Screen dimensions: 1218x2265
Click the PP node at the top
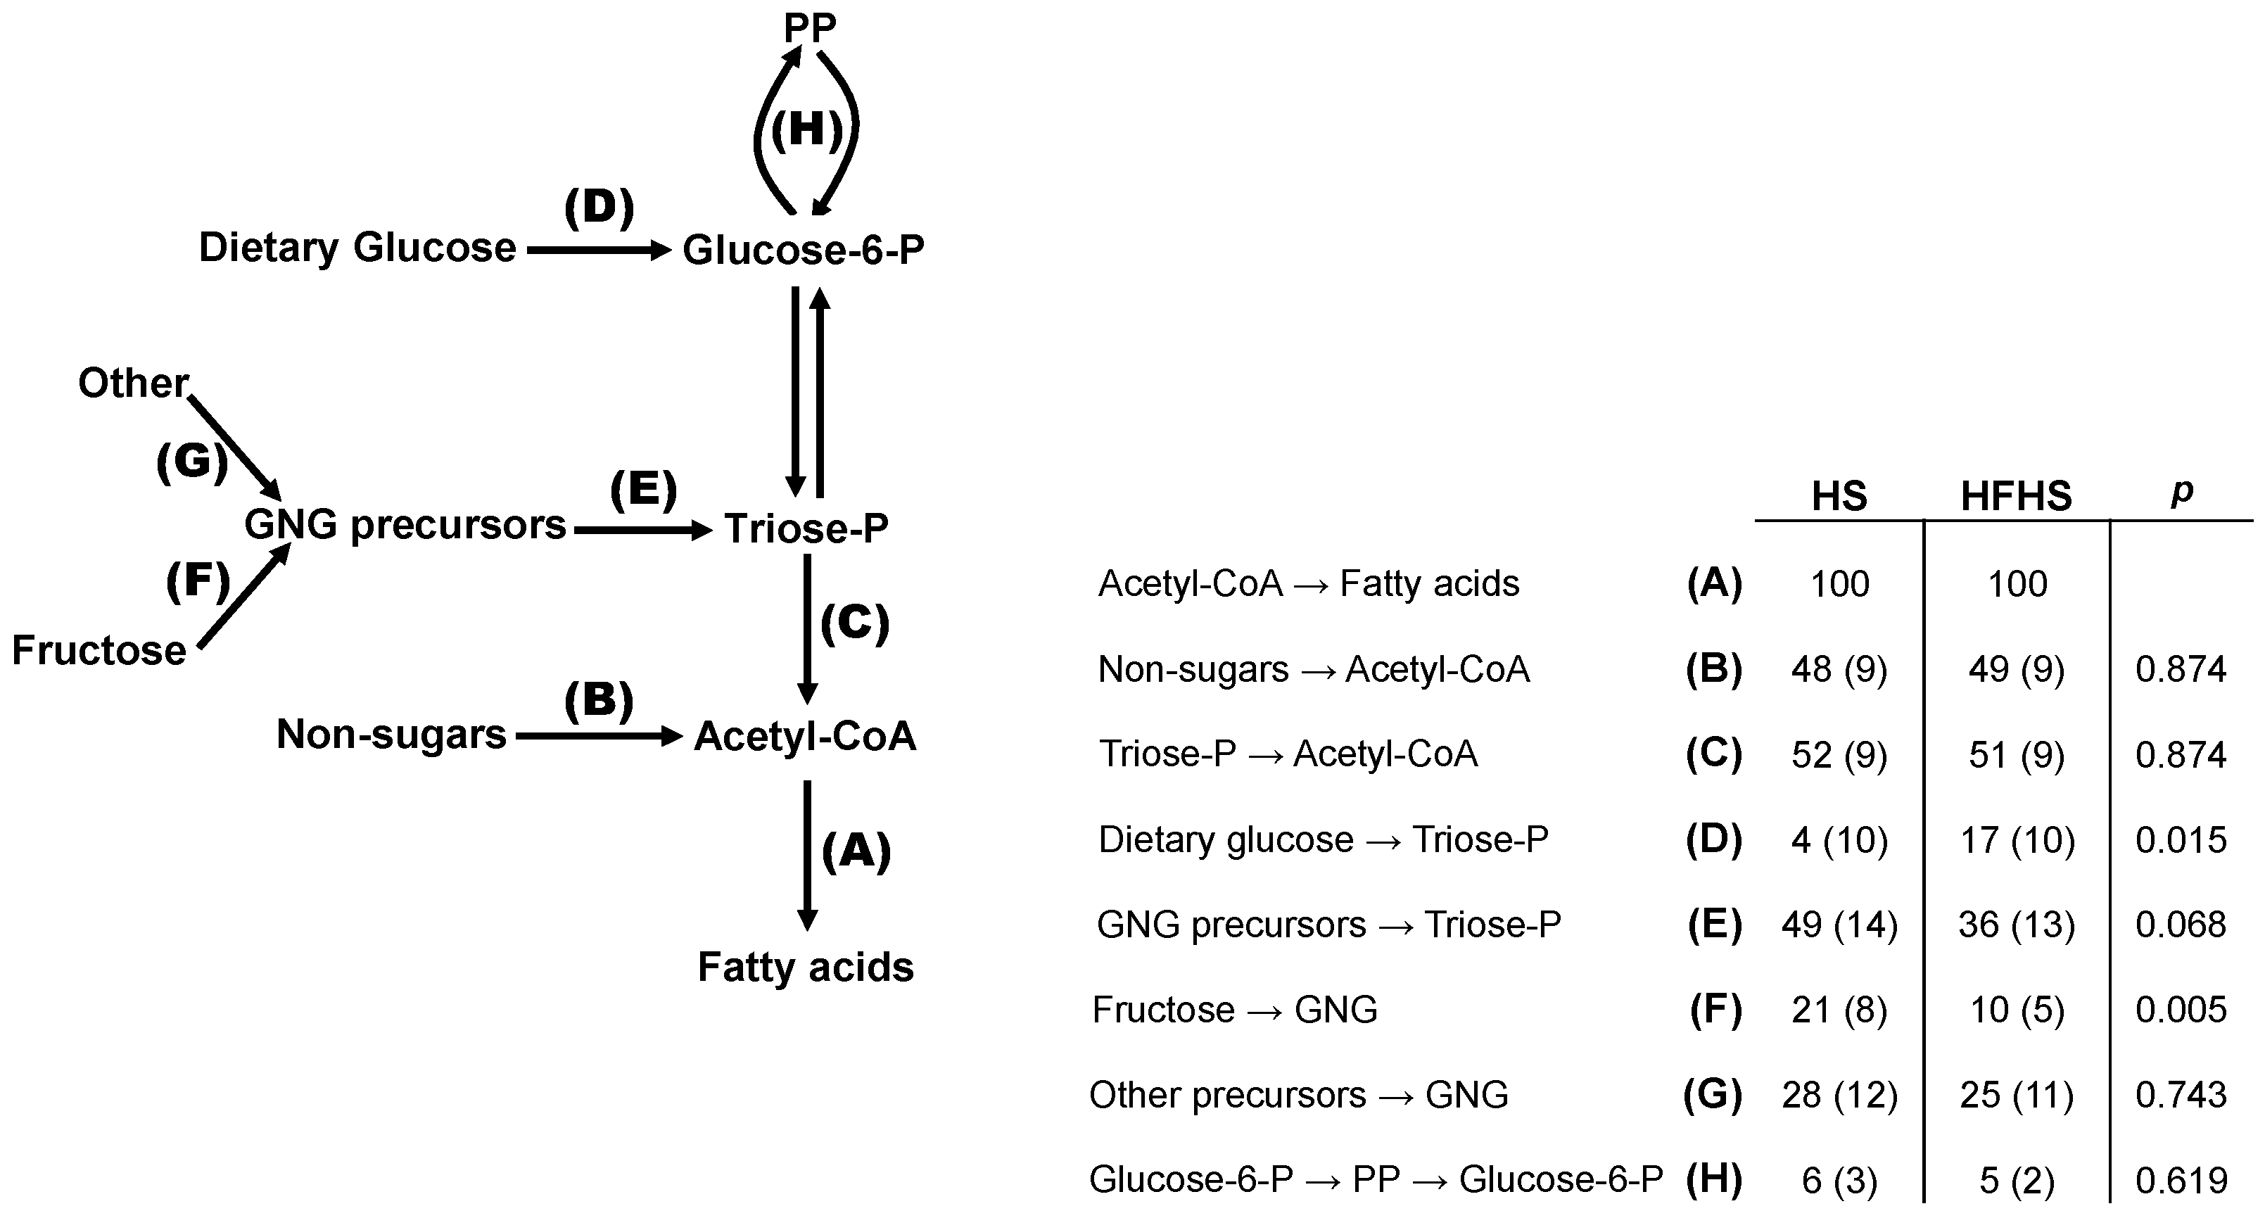point(809,28)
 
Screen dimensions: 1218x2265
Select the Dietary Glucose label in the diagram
point(357,248)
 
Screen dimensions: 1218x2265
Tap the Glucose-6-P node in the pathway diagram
point(804,250)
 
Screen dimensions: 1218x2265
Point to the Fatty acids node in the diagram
point(806,968)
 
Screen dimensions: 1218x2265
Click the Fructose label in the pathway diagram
point(99,651)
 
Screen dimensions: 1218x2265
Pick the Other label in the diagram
point(133,383)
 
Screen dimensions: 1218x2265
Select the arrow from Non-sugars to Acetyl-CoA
point(598,737)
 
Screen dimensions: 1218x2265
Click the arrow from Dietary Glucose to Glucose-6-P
point(598,250)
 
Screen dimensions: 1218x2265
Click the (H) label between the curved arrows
point(806,130)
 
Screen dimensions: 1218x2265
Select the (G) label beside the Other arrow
point(191,461)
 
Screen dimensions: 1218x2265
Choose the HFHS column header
point(2016,497)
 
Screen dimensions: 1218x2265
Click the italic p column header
point(2181,492)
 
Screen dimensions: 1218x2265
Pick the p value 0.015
point(2181,840)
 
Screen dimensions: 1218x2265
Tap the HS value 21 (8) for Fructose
point(1839,1010)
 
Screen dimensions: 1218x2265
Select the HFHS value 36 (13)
point(2016,925)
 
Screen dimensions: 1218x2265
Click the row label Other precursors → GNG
point(1299,1096)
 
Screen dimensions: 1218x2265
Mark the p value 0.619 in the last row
point(2181,1180)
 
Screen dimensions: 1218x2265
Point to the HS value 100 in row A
point(1839,584)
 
